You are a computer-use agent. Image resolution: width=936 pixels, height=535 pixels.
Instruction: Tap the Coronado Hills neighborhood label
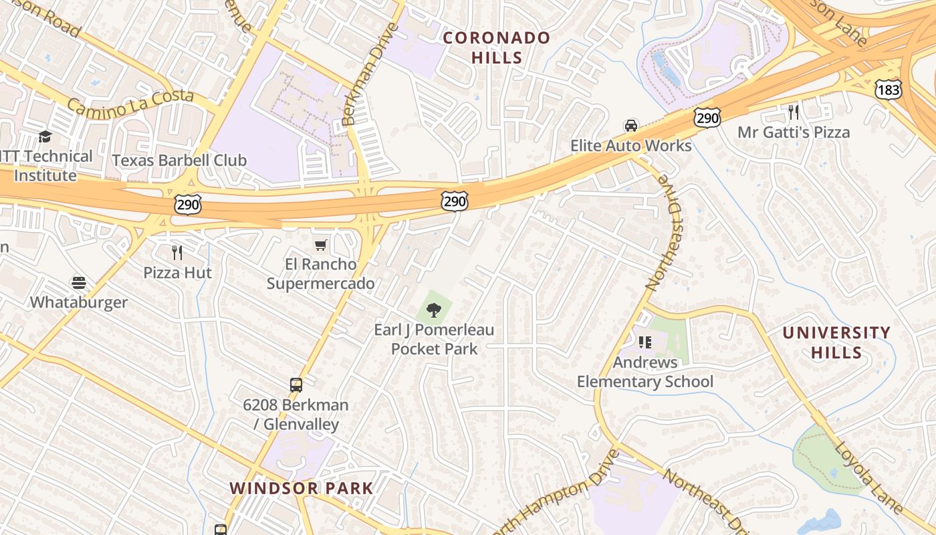(497, 47)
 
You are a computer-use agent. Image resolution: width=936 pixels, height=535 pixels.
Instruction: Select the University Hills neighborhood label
(836, 342)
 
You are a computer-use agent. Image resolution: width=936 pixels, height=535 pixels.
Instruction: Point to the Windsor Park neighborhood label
(302, 488)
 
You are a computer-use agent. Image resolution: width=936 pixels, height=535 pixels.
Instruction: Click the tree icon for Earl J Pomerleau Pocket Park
(434, 310)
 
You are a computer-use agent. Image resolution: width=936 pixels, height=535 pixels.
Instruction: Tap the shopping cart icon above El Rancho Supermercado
(321, 245)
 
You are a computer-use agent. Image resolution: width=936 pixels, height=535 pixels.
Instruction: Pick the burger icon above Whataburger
(79, 282)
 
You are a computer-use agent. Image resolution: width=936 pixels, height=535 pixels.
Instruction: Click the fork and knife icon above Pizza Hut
(177, 252)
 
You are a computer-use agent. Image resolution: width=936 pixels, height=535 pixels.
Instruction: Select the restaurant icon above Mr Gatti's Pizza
(794, 112)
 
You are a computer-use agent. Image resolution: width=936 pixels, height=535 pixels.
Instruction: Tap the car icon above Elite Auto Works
(630, 126)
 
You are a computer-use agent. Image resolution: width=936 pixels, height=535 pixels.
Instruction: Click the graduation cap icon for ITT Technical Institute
(45, 136)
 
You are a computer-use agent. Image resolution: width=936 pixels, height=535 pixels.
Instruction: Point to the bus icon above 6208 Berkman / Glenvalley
(296, 385)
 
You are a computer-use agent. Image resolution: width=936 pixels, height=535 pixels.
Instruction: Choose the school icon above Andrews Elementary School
(645, 342)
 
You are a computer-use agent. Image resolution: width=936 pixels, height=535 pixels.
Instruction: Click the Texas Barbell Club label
(179, 160)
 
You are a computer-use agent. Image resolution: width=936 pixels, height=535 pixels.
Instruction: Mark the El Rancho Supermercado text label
(320, 274)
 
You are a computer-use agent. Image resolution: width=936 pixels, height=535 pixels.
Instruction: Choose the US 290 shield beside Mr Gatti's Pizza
(707, 118)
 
